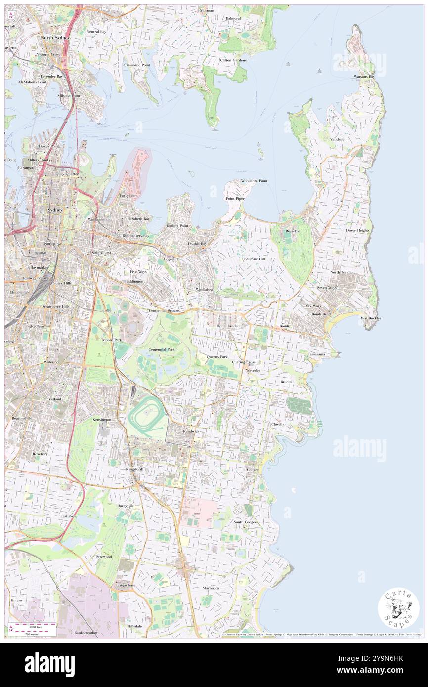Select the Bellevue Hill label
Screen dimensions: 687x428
[255, 259]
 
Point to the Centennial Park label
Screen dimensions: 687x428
[162, 349]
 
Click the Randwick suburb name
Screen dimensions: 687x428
[191, 431]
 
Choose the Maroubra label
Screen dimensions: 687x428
[211, 588]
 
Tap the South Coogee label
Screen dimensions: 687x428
[245, 522]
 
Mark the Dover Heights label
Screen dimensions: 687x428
[358, 230]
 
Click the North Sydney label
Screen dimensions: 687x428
[55, 38]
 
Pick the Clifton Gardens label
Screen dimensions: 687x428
[233, 60]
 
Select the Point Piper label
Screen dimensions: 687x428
[235, 198]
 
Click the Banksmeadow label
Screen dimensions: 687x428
[86, 632]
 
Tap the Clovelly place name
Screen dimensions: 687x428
[277, 424]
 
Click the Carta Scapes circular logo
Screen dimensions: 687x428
[398, 609]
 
